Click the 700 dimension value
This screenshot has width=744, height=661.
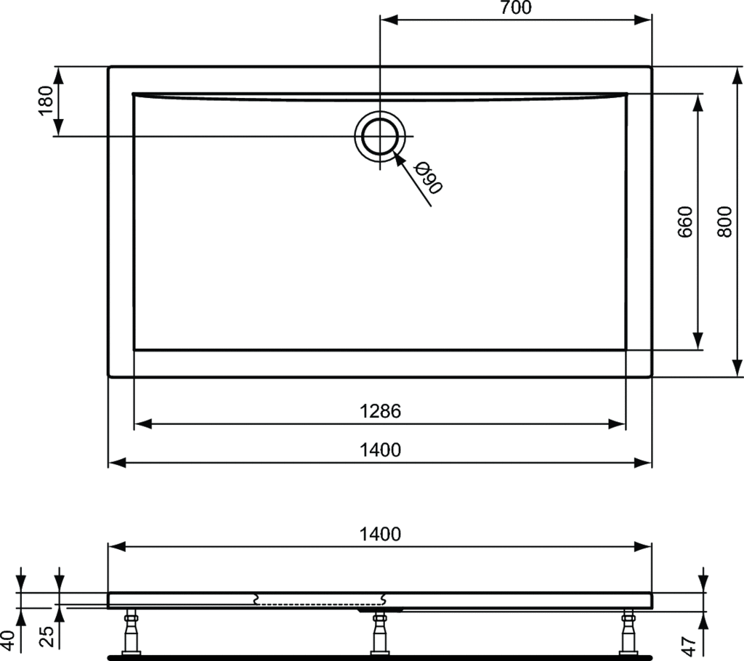[x=516, y=7]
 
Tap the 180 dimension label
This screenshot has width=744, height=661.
[x=46, y=100]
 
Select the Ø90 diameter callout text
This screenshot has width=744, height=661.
[x=428, y=178]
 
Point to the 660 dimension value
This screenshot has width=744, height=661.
[x=685, y=222]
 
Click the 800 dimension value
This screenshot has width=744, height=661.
[x=724, y=222]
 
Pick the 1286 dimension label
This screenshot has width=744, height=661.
[x=380, y=411]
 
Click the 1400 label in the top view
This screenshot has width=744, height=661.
[x=380, y=450]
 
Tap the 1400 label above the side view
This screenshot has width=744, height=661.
[x=380, y=535]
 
